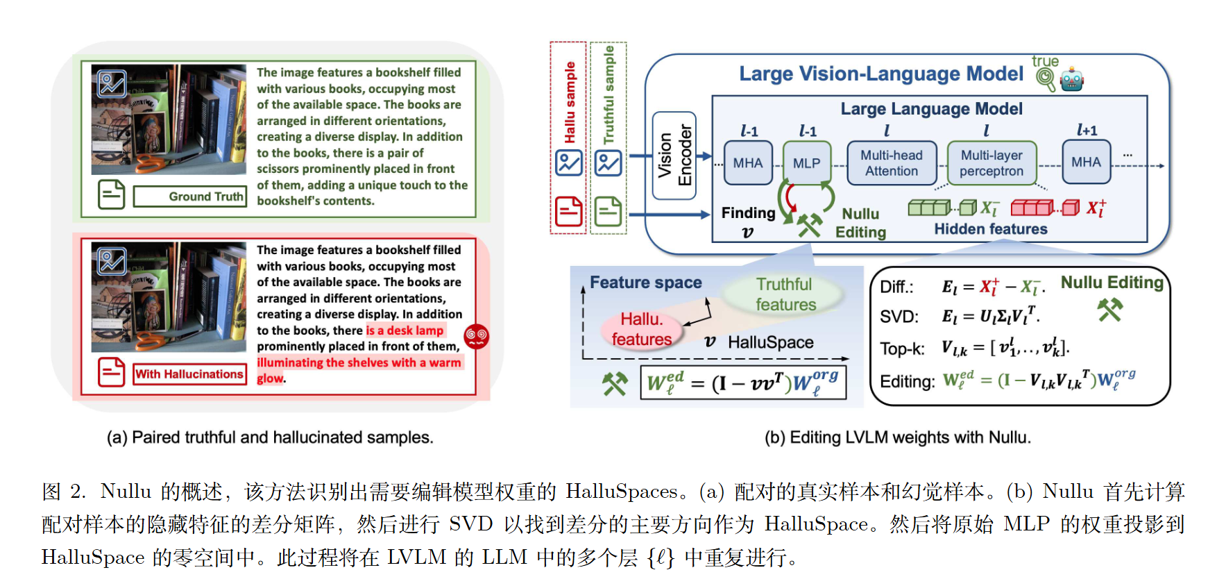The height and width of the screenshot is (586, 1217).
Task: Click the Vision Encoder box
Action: (x=674, y=156)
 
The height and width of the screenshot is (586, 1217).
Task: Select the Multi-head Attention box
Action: (x=892, y=163)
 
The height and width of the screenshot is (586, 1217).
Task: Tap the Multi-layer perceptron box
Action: (x=992, y=163)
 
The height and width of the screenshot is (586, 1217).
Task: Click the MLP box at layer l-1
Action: (x=807, y=163)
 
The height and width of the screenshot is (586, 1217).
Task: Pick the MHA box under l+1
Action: (x=1086, y=162)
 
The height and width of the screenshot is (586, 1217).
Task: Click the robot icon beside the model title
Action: (x=1072, y=80)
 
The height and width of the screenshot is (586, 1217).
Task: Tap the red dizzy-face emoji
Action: (x=477, y=337)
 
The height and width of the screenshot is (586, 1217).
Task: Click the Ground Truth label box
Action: (x=190, y=196)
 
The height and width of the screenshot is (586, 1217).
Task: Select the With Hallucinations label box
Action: (x=190, y=374)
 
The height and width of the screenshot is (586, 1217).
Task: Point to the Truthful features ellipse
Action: (x=785, y=294)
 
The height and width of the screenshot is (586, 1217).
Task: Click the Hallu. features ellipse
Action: (x=642, y=329)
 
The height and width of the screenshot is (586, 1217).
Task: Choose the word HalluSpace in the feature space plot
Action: (x=771, y=342)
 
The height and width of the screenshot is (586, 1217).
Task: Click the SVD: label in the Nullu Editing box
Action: (x=899, y=317)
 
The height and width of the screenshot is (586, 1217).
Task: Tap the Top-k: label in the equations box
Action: (x=902, y=349)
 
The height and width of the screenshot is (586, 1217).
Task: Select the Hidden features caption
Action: (x=991, y=229)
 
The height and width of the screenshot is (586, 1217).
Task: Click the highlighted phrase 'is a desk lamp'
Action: (x=405, y=330)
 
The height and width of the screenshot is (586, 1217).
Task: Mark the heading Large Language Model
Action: (x=931, y=109)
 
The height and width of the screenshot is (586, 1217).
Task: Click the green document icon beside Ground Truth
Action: (x=111, y=195)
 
